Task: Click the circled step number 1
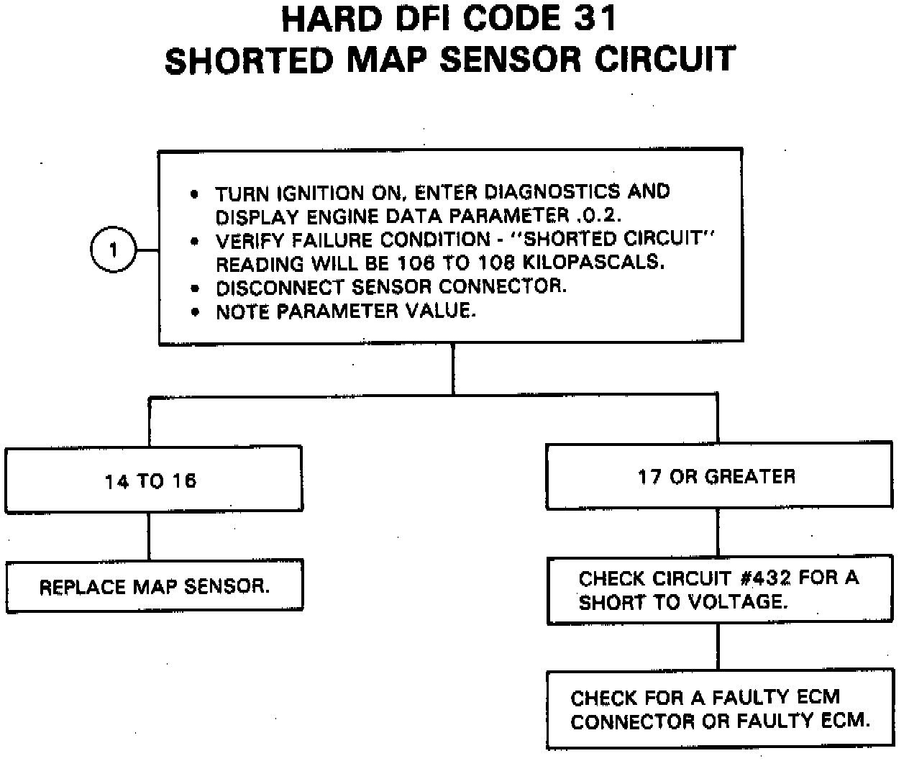click(x=113, y=251)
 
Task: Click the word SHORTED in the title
click(x=247, y=60)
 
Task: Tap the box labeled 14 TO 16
click(x=153, y=479)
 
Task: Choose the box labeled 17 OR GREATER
click(x=718, y=476)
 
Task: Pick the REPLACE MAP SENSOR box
click(x=155, y=586)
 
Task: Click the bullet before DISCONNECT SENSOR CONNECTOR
click(x=194, y=288)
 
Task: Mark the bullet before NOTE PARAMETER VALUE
click(x=194, y=313)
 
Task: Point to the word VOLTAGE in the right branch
click(x=733, y=601)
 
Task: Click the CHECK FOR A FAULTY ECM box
click(x=720, y=708)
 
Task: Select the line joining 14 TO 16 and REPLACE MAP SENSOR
click(x=150, y=536)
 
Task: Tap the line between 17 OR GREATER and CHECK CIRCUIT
click(x=718, y=532)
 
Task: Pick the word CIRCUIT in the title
click(x=664, y=60)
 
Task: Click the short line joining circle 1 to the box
click(x=146, y=251)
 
